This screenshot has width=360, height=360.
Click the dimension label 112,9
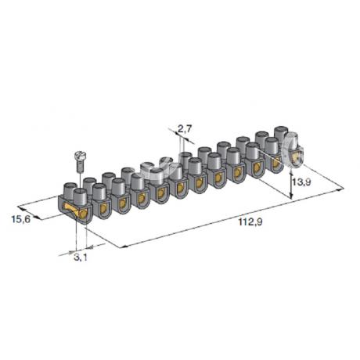(250, 222)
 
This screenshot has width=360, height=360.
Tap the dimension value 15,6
(21, 219)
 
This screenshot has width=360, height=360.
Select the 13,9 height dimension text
(301, 182)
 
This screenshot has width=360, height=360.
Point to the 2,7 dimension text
(185, 128)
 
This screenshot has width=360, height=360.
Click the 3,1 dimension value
(81, 257)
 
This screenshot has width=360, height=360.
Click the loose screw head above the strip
(79, 156)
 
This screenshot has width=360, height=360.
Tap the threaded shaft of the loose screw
(80, 166)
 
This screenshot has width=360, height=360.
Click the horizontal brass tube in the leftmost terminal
(76, 211)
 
